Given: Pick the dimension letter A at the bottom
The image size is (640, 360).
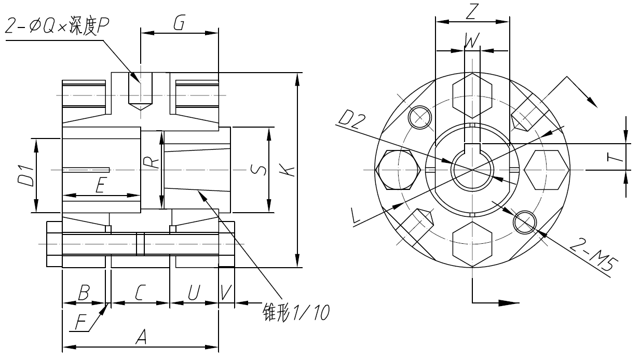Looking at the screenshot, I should (x=140, y=338).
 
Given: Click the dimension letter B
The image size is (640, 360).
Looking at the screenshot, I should (x=83, y=294).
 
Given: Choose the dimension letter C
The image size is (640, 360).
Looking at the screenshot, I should (x=140, y=294).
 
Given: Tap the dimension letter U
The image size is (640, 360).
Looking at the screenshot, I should (x=193, y=294).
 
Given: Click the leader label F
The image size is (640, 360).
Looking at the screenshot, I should (x=80, y=323).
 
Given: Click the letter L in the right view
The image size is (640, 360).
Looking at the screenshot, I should (x=356, y=216).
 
